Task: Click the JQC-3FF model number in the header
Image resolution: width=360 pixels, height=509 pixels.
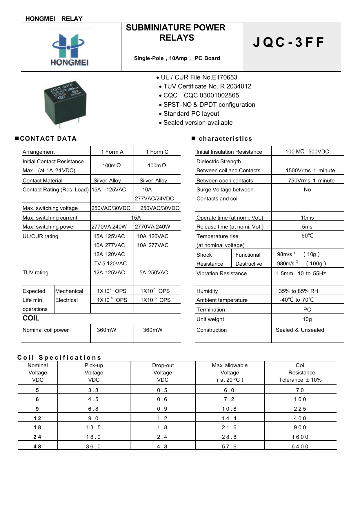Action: point(288,42)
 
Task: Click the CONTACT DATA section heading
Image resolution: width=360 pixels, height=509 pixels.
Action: point(48,139)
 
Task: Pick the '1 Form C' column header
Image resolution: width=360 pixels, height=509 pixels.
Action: point(157,152)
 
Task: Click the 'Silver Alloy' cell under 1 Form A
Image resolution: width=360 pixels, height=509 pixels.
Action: point(107,180)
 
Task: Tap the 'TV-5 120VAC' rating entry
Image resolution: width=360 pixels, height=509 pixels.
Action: point(110,263)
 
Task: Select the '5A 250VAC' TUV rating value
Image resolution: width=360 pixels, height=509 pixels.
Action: point(154,272)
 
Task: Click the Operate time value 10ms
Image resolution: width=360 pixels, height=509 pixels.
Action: point(307,218)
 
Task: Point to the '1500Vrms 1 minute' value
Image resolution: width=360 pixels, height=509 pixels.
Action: point(310,171)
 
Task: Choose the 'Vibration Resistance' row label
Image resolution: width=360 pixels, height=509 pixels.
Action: point(221,273)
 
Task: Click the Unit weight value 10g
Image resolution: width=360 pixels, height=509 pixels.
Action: point(307,319)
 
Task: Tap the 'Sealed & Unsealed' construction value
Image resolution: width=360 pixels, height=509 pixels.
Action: point(300,330)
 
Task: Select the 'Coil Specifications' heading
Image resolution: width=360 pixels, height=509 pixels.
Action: point(59,357)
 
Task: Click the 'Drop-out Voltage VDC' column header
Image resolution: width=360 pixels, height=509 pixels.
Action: point(163,372)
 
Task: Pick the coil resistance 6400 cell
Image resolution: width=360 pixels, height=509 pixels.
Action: point(300,446)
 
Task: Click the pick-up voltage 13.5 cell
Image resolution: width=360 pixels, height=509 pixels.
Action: point(93,428)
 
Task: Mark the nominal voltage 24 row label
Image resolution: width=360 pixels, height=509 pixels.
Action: point(37,437)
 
